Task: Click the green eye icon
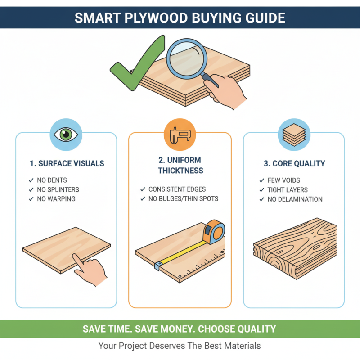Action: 66,135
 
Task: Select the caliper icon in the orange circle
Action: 180,135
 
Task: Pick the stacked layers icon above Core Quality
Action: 293,134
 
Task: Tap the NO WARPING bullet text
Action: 56,198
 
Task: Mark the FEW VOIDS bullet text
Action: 283,180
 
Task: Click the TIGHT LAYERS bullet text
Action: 288,190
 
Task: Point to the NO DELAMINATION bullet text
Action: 295,199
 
